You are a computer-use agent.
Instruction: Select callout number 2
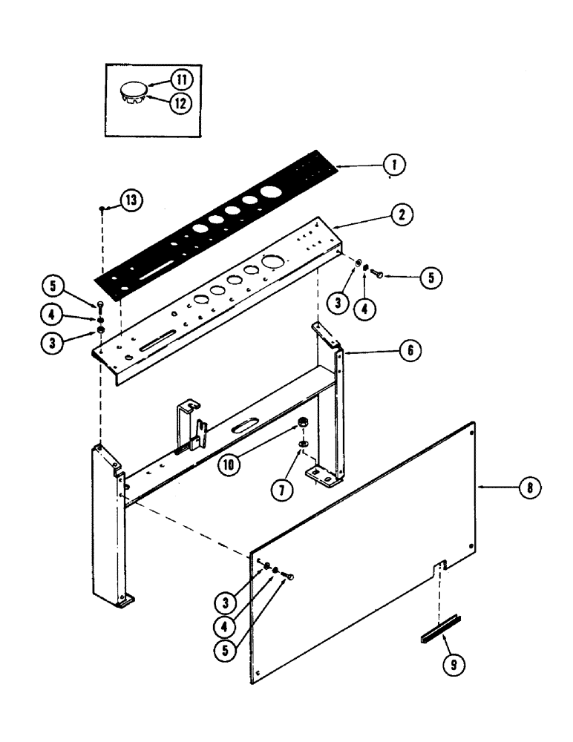coord(400,215)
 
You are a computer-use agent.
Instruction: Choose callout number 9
coord(454,665)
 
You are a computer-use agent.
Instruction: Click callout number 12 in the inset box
coord(180,103)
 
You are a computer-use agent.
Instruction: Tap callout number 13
coord(131,200)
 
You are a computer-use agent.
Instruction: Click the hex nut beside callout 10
coord(303,424)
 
